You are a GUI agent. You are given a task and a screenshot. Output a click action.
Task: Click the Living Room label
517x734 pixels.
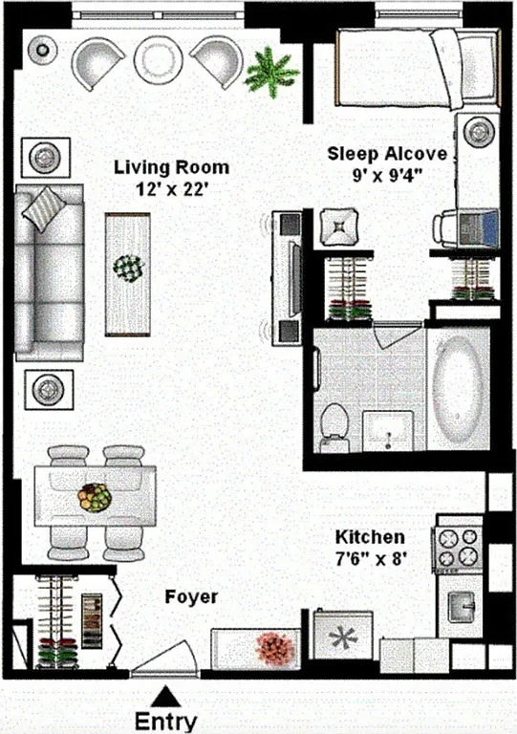(171, 168)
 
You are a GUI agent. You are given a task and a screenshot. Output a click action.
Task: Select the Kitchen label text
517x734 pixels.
(369, 538)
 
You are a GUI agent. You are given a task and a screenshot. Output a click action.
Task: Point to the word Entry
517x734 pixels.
(166, 722)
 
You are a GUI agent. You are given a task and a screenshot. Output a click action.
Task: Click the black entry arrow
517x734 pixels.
(166, 695)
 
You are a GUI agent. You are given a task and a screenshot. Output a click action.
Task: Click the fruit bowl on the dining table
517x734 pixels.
(94, 498)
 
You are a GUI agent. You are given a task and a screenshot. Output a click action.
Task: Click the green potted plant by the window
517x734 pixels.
(269, 73)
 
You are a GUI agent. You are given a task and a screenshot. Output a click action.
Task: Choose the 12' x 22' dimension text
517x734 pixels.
(171, 189)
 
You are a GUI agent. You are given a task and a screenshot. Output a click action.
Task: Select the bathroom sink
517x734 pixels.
(390, 431)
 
